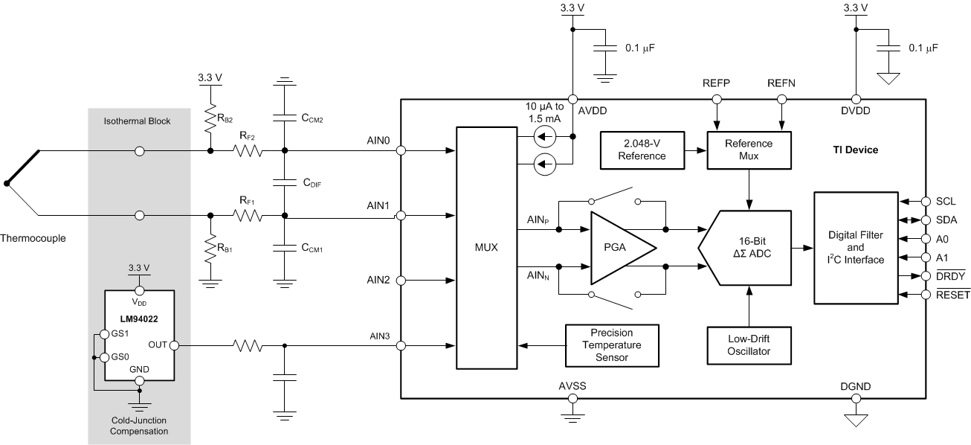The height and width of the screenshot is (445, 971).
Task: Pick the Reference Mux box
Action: [x=749, y=150]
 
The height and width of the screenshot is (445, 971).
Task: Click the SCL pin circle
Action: [x=926, y=201]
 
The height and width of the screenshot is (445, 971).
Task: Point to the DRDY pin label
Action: [x=947, y=276]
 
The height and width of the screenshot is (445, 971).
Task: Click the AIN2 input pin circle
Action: [x=401, y=281]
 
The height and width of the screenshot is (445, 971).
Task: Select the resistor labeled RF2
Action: [x=247, y=151]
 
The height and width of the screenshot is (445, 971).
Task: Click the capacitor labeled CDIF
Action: [x=284, y=182]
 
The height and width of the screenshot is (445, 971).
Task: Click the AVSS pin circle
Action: [x=572, y=398]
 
